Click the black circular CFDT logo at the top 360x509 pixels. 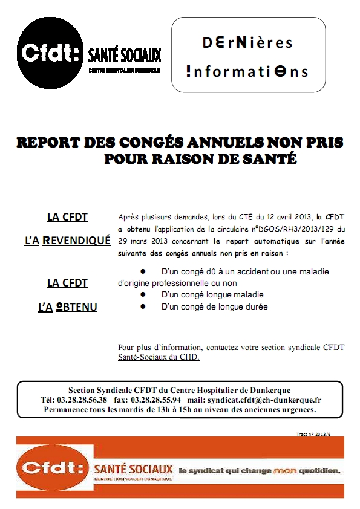[x=50, y=53]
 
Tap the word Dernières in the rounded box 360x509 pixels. [x=240, y=43]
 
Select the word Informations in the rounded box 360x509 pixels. [x=247, y=71]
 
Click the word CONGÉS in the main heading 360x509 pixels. [x=145, y=143]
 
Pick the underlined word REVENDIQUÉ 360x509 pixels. [x=76, y=240]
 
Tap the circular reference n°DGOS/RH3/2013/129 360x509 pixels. [x=290, y=229]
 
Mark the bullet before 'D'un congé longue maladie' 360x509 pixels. [x=143, y=295]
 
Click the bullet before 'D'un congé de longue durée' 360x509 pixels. [x=143, y=306]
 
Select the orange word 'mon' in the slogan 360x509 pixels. [x=286, y=470]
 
